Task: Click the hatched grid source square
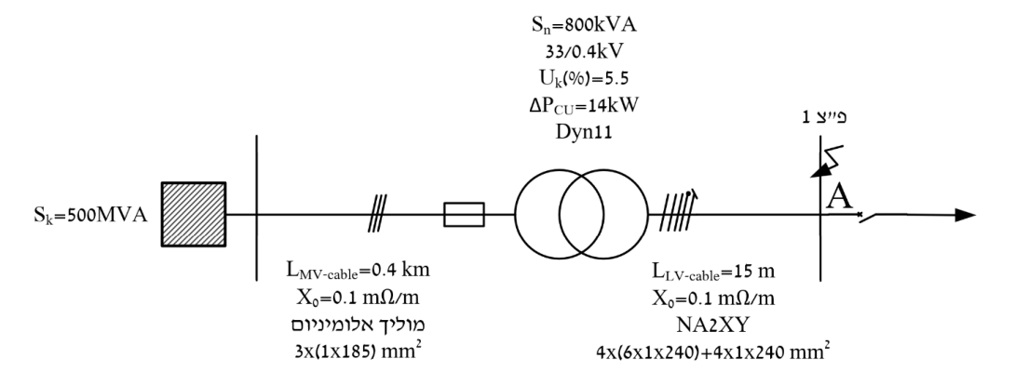point(194,214)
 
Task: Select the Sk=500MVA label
point(90,216)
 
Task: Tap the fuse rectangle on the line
point(464,214)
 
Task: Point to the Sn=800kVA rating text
point(583,25)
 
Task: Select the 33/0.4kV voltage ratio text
point(583,52)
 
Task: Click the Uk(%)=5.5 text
point(583,78)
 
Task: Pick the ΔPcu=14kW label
point(583,105)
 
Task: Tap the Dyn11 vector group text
point(583,131)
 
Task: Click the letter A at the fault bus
point(839,196)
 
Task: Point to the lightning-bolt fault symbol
point(827,161)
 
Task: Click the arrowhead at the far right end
point(965,216)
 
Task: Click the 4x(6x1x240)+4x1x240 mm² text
point(712,352)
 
